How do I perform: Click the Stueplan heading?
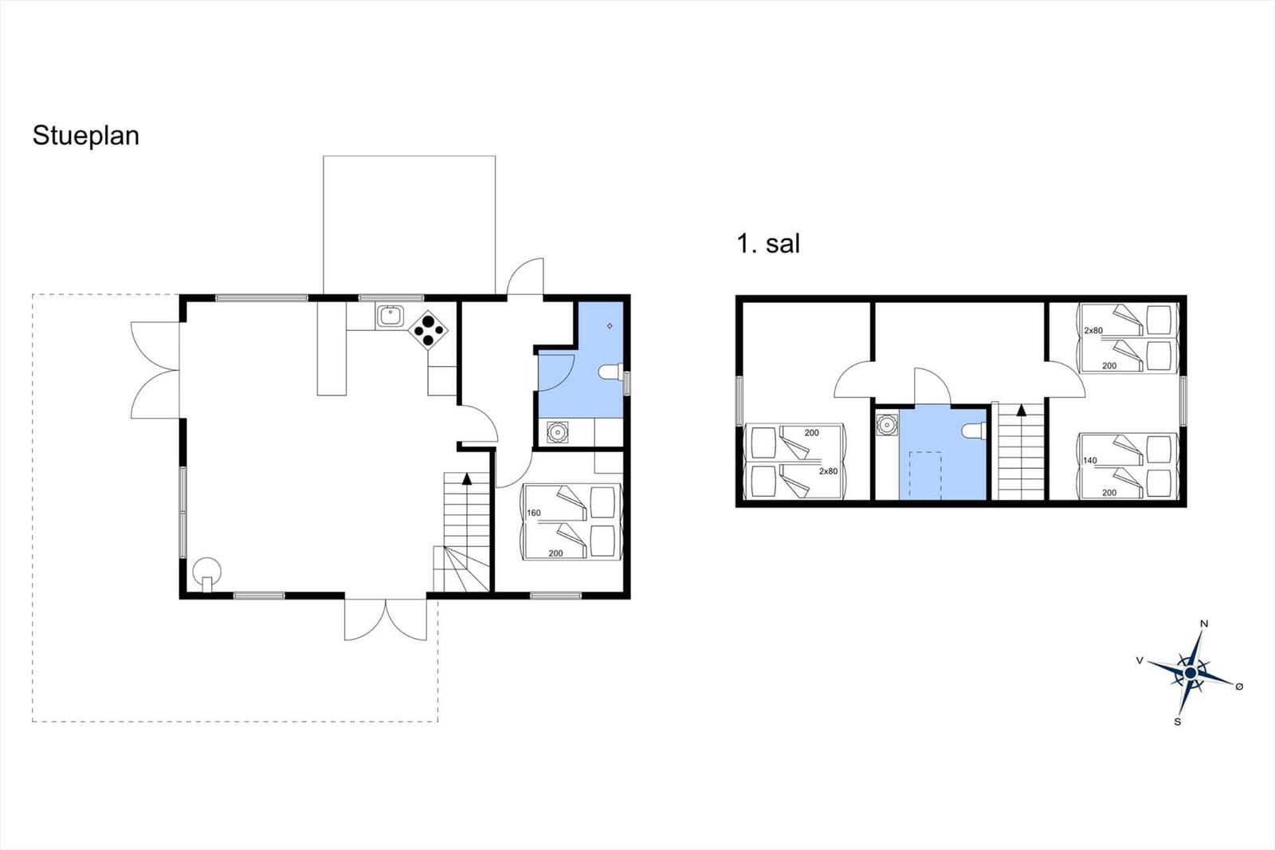click(86, 136)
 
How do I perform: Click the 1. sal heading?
click(768, 244)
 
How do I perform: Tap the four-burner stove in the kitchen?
click(428, 329)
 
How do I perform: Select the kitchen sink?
click(390, 317)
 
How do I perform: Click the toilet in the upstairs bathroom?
click(973, 431)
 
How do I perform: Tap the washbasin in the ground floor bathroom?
click(558, 432)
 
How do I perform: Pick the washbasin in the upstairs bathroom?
click(886, 425)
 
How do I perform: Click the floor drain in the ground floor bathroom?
click(610, 326)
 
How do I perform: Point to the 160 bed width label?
click(533, 513)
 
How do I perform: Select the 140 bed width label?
click(1090, 460)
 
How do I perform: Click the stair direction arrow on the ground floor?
click(467, 478)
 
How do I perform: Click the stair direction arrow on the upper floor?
click(1022, 410)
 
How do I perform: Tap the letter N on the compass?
click(1204, 624)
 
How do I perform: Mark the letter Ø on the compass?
click(1239, 687)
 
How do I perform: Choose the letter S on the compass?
click(1178, 722)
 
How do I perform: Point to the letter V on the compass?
click(1140, 660)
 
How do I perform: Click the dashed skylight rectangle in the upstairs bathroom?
click(925, 474)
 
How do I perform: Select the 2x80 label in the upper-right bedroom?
click(1093, 330)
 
